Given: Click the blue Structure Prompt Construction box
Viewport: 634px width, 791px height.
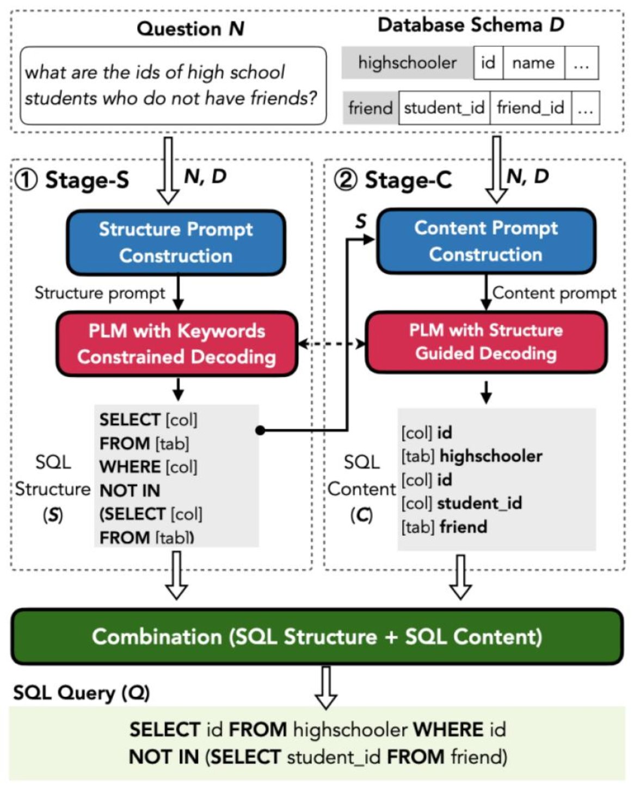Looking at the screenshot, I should [176, 242].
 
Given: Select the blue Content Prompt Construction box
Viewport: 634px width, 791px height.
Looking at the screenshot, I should [486, 240].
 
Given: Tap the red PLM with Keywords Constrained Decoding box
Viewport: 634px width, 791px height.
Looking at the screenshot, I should [177, 344].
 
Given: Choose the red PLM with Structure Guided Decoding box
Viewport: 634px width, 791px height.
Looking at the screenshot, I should [486, 342].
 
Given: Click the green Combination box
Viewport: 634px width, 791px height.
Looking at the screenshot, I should [317, 636].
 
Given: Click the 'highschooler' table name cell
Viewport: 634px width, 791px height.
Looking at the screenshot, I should [407, 63].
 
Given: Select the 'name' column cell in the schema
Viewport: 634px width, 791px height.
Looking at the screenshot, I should [533, 63].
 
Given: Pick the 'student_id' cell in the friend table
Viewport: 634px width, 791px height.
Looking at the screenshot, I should [444, 108].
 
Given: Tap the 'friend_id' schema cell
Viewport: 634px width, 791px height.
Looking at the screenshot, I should [530, 108].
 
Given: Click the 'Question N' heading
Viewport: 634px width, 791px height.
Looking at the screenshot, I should [190, 28].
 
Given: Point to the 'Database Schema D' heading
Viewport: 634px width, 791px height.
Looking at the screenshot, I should [471, 24].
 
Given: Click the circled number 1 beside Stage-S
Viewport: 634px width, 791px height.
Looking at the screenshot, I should [26, 180].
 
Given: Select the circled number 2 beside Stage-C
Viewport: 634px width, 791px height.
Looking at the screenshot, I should [346, 180].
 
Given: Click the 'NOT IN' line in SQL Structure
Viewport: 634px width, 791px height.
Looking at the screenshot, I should [130, 491].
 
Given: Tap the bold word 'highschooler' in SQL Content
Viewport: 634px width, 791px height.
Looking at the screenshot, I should [491, 456].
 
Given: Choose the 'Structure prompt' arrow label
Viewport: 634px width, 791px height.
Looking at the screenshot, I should [100, 293].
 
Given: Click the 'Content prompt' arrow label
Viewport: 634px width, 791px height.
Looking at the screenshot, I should [554, 293].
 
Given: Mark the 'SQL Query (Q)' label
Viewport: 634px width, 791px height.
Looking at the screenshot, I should [81, 693].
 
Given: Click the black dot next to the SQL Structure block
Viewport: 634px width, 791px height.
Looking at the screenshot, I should [260, 430].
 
